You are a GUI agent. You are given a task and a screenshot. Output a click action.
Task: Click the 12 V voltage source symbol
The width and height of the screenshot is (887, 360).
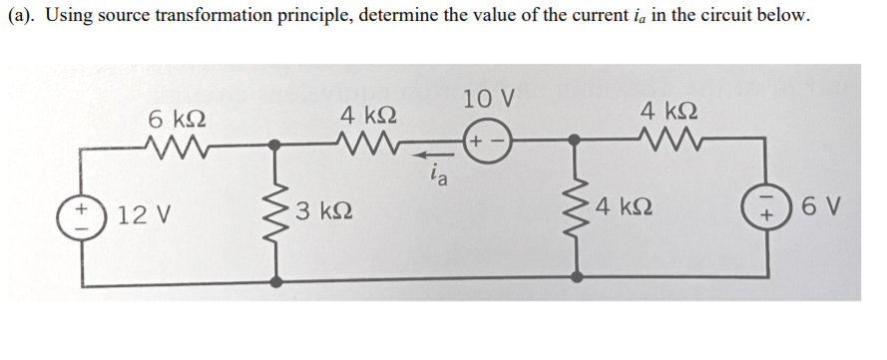pyautogui.click(x=81, y=213)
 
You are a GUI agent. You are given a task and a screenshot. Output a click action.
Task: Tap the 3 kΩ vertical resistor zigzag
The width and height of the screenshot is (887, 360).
pyautogui.click(x=275, y=213)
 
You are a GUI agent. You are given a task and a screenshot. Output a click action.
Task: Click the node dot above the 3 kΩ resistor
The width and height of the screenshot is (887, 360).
pyautogui.click(x=275, y=146)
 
